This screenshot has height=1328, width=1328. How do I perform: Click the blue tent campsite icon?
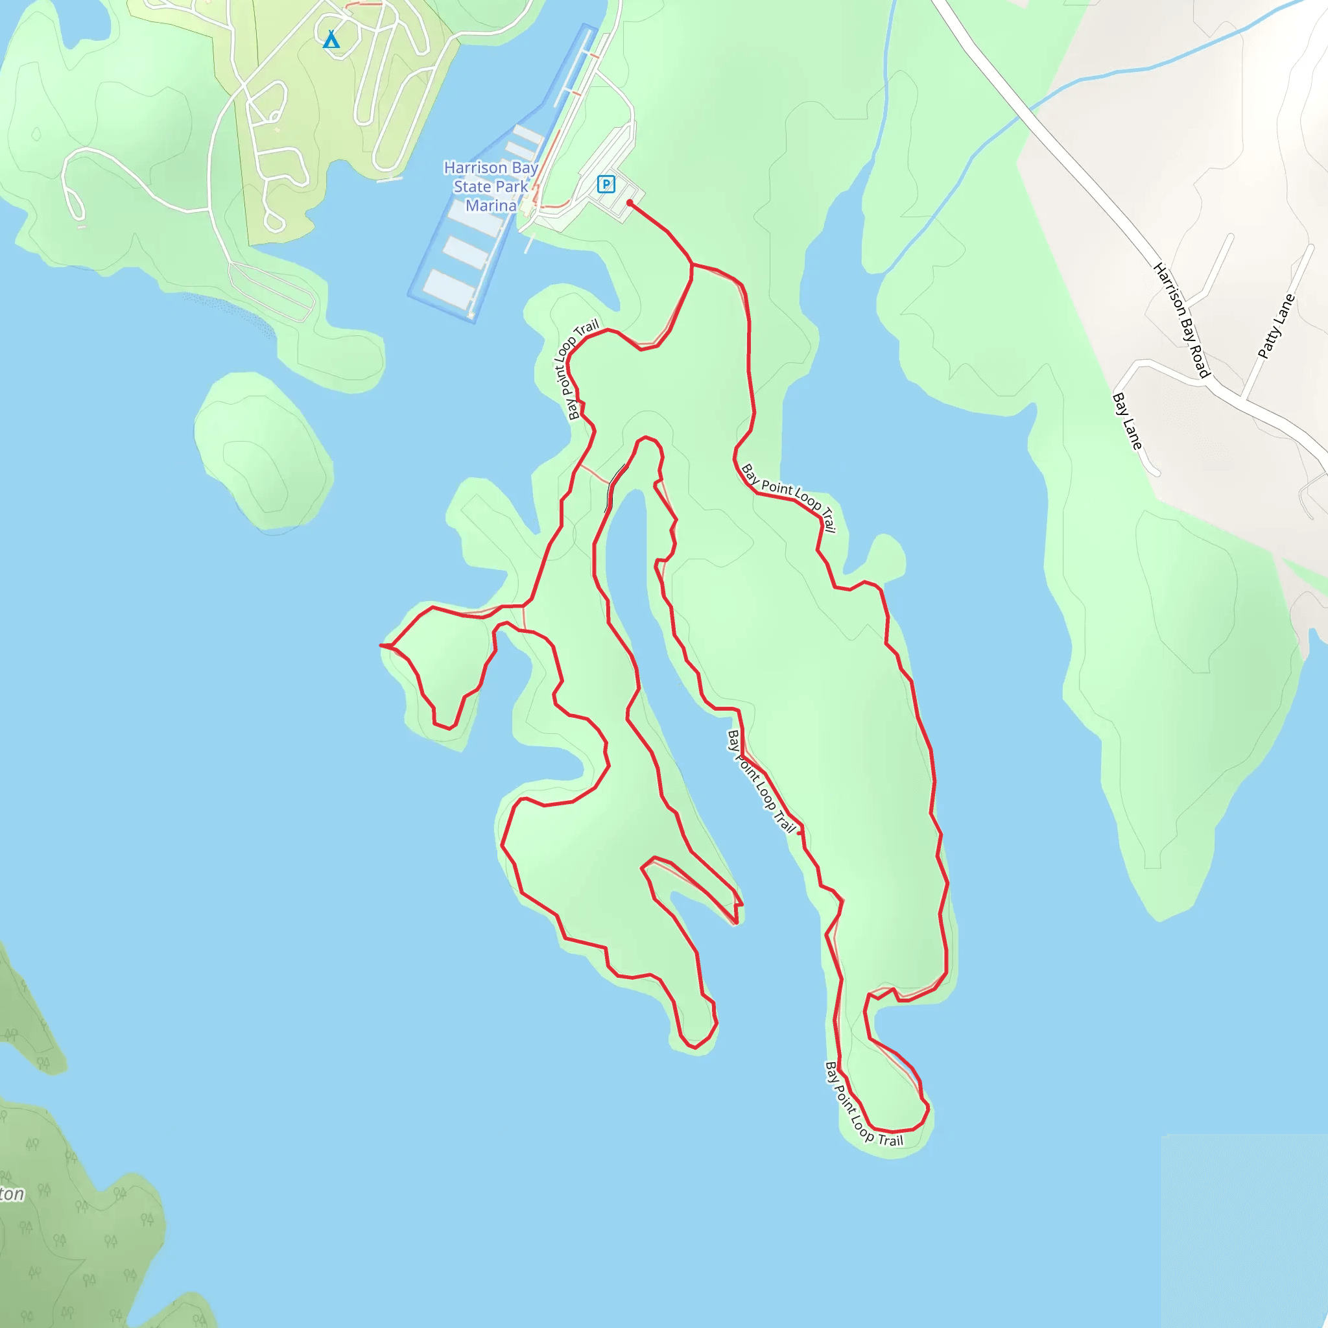coord(331,39)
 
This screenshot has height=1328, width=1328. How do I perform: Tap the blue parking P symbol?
coord(606,184)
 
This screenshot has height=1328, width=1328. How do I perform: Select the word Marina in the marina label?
coord(491,206)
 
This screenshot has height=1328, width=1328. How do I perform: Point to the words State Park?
coord(491,186)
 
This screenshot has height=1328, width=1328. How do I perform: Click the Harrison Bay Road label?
coord(1180,320)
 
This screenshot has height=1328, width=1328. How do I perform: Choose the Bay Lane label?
coord(1127,421)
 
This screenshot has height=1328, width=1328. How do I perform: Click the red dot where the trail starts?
coord(630,204)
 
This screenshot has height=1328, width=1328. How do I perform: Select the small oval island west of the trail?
coord(263,450)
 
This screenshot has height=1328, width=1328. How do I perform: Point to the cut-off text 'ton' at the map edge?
coord(12,1194)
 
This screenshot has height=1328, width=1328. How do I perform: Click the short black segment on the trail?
coord(614,487)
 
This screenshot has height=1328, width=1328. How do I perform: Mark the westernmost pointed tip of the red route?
coord(381,645)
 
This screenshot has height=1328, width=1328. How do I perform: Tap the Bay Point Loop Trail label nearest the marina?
coord(576,369)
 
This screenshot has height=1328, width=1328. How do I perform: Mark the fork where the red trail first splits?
coord(691,264)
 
